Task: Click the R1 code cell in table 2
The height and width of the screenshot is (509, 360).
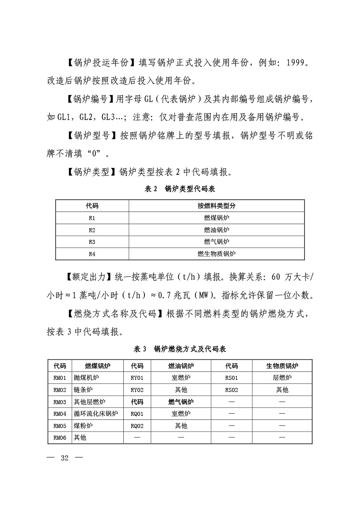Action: coord(92,218)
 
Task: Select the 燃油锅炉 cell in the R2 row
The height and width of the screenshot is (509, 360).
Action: coord(216,230)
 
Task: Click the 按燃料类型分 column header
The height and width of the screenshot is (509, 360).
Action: coord(216,206)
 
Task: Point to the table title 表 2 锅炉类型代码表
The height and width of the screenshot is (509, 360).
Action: coord(180,189)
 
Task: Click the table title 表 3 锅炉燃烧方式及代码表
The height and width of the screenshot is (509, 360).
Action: coord(180,349)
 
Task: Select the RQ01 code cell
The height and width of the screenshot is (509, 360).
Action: coord(137,414)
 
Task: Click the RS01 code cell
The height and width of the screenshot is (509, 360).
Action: coord(231,378)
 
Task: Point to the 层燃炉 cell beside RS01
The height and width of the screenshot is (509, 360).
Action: coord(282,378)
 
